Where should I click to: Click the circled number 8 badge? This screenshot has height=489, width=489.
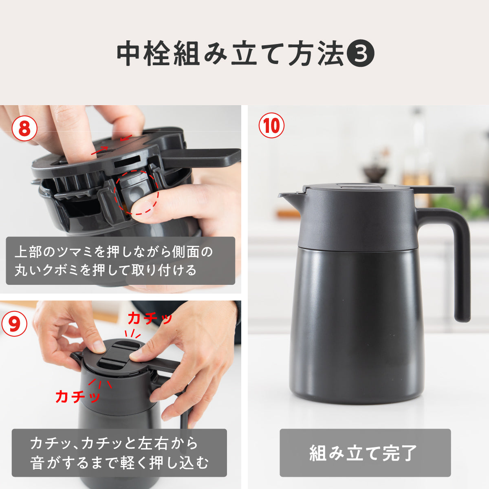[24, 128]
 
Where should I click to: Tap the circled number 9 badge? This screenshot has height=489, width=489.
[14, 324]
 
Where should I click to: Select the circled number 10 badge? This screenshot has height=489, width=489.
[271, 126]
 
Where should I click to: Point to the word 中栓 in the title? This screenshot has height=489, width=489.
[143, 53]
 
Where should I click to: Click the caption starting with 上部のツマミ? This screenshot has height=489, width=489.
[114, 261]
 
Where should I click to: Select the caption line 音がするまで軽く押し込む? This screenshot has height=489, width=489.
[119, 463]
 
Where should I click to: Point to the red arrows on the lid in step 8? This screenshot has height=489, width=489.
[112, 145]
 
